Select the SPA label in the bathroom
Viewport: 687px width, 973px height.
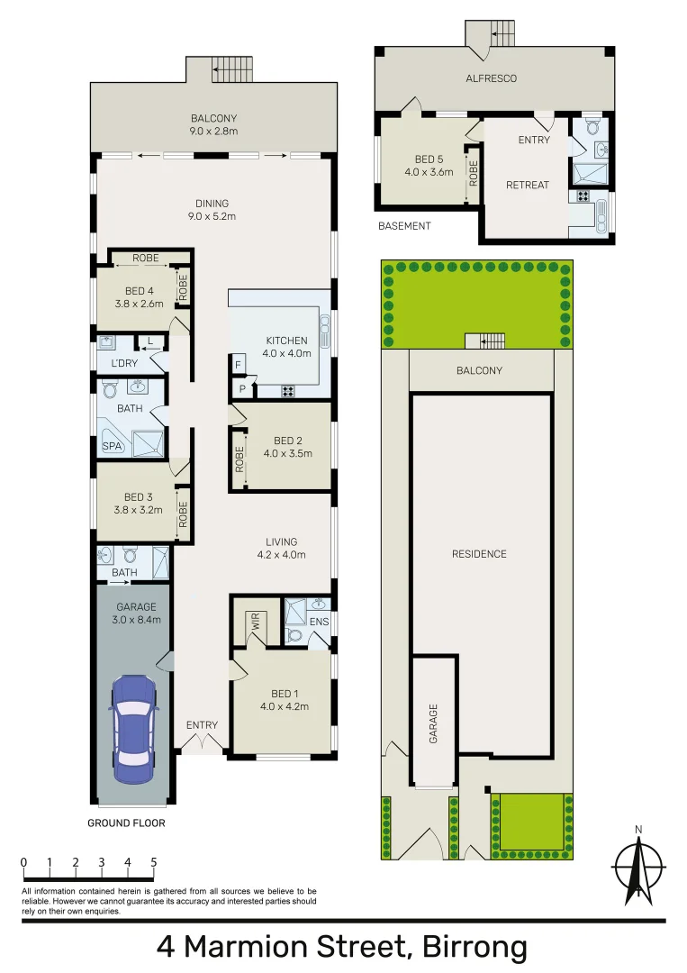tap(112, 446)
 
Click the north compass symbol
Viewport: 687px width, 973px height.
tap(638, 868)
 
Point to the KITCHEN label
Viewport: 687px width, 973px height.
tap(287, 341)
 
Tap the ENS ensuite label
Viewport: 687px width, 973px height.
tap(320, 622)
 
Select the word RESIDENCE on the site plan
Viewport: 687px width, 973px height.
tap(479, 554)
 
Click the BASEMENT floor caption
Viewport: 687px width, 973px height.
tap(404, 226)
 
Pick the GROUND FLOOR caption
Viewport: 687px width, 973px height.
tap(126, 823)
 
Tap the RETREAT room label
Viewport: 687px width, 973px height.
tap(527, 185)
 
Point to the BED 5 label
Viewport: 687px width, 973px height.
tap(428, 159)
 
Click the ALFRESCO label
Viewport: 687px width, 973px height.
tap(491, 78)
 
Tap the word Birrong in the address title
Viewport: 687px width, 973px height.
tap(469, 947)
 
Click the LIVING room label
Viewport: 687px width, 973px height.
tap(281, 541)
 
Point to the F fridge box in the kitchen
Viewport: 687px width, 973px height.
tap(238, 366)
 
